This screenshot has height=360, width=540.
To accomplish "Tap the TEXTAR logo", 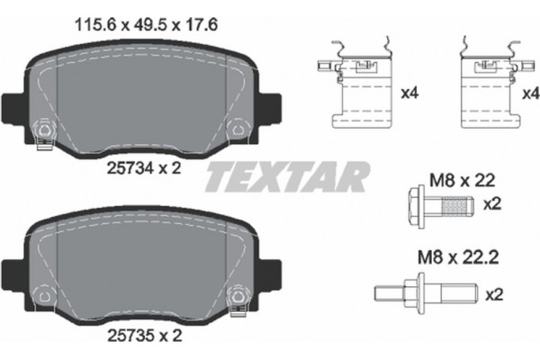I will click(287, 176).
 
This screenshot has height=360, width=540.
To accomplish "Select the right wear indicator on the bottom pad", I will click(238, 296).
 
